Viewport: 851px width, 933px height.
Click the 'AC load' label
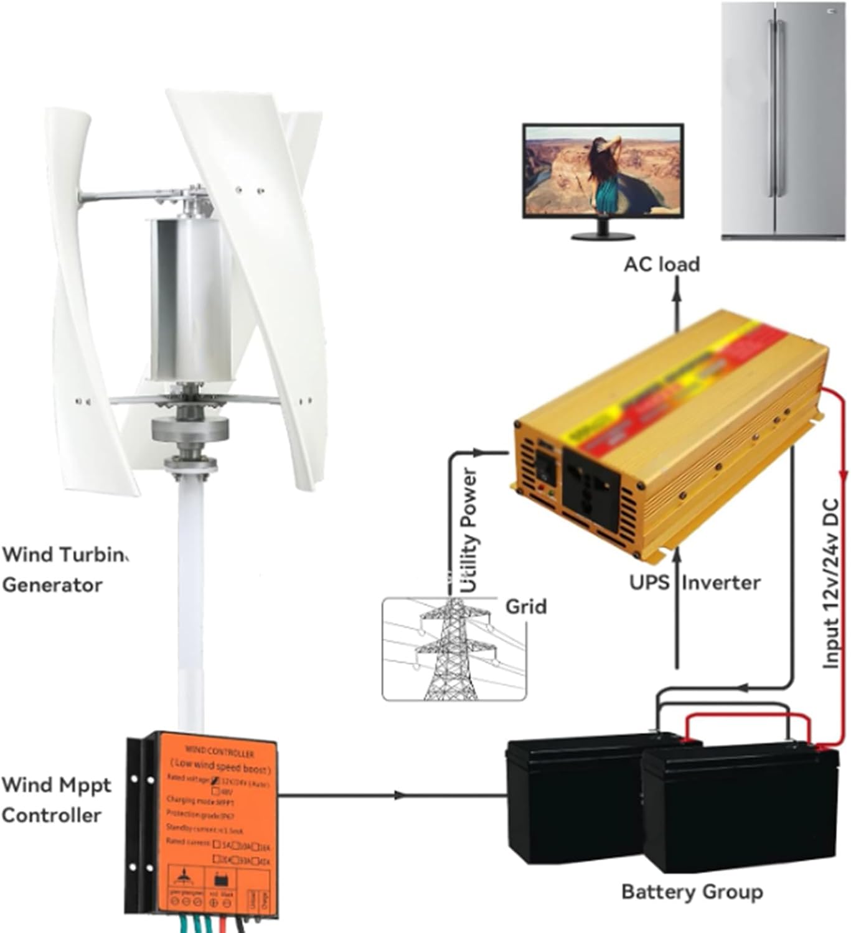point(661,264)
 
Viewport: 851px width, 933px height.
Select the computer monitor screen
point(602,171)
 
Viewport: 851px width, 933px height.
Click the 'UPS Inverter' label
point(694,583)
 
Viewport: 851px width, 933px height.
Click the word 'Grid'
point(525,606)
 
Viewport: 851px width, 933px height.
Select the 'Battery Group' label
point(692,891)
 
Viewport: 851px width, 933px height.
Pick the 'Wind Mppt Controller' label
point(56,800)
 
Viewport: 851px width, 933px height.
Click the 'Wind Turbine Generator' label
point(62,570)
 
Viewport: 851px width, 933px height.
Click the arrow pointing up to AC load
point(677,286)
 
